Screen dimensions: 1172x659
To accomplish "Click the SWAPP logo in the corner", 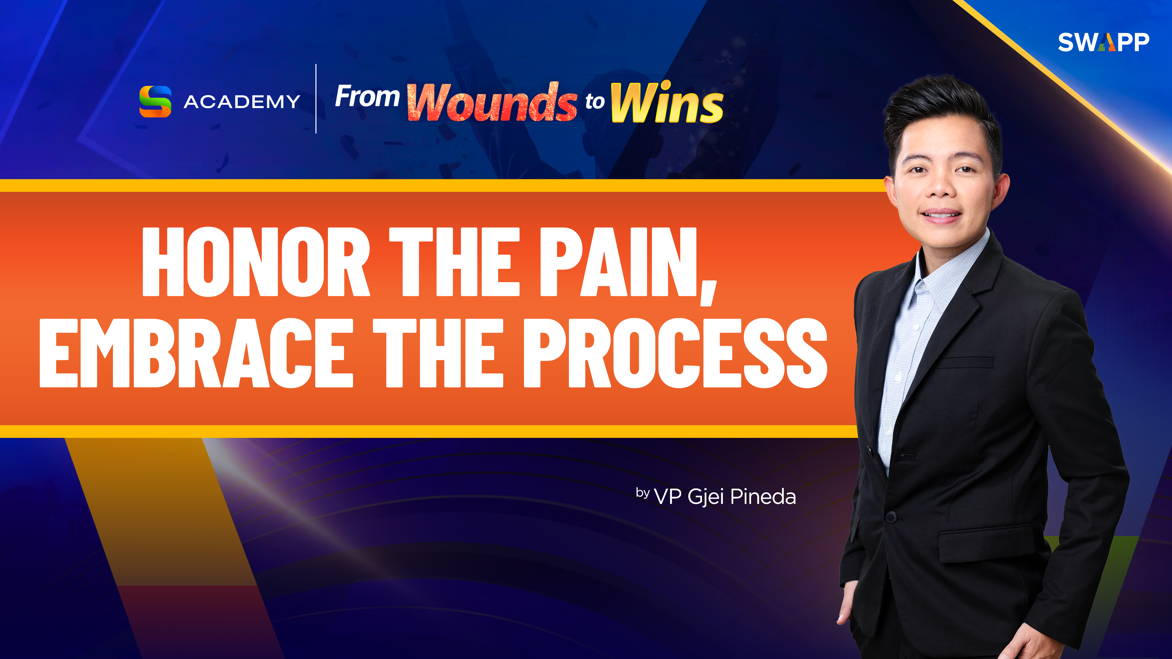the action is (1103, 42).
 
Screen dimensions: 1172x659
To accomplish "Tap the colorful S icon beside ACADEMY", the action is (155, 102).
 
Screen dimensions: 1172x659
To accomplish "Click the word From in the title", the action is (367, 96).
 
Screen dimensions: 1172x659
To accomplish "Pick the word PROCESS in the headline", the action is (675, 353).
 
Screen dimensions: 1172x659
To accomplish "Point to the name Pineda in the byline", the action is (763, 497).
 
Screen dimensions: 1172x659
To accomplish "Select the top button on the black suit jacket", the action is (890, 516).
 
